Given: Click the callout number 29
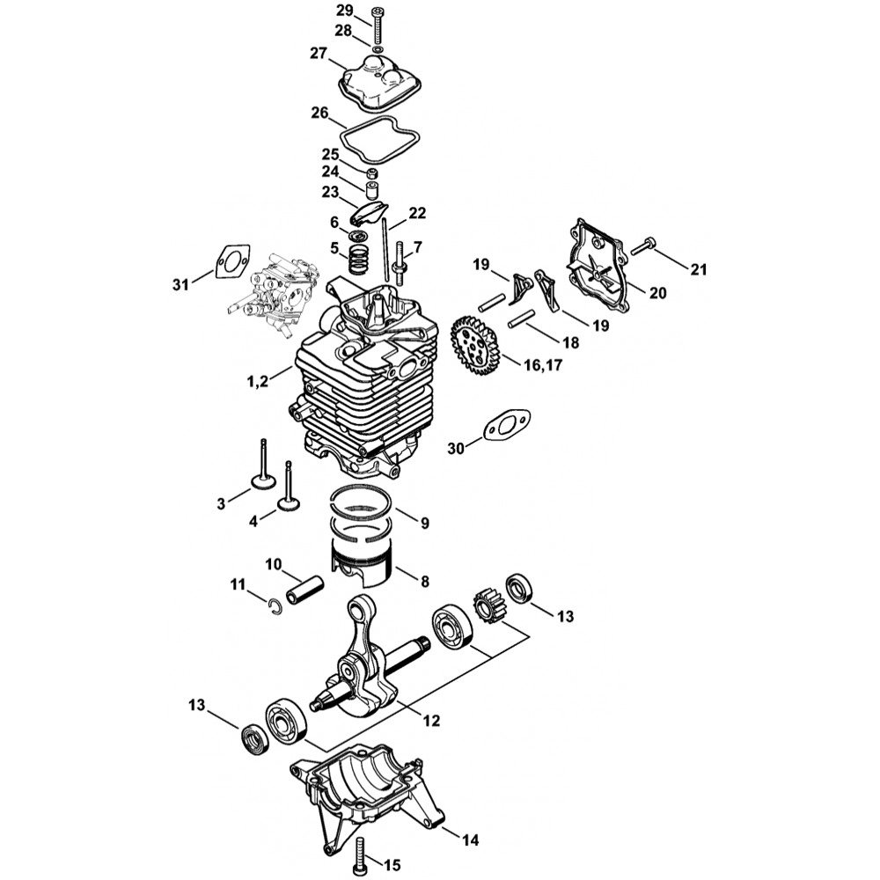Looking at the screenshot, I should point(345,11).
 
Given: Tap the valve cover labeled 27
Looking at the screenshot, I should point(381,85).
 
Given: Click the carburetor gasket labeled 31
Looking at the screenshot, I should point(231,261).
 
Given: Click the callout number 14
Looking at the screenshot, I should point(471,840).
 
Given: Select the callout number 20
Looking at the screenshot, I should point(658,293).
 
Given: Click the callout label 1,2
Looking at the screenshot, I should point(258,381).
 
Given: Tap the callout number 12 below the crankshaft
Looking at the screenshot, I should point(431,720).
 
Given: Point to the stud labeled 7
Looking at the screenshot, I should point(400,261).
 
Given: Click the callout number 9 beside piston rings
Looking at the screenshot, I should point(424,524).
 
